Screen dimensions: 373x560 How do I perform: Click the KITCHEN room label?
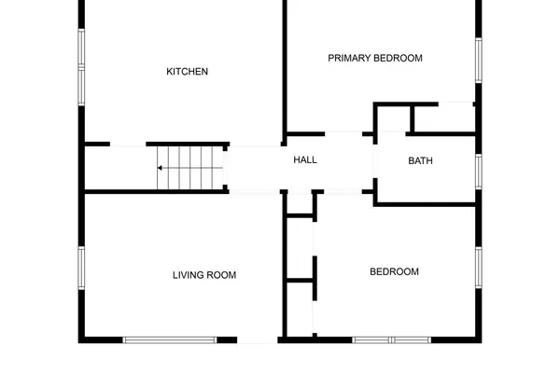tap(187, 72)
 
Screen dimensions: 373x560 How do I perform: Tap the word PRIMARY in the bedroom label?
tap(349, 58)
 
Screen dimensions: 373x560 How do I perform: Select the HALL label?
tap(305, 160)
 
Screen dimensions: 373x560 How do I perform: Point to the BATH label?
tap(420, 160)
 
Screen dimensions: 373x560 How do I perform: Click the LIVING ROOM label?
tap(204, 275)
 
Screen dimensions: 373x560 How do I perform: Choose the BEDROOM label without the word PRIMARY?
tap(394, 272)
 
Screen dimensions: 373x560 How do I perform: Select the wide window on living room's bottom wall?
tap(171, 339)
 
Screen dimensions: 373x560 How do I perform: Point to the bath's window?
tap(478, 171)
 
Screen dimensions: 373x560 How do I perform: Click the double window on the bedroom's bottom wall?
tap(392, 339)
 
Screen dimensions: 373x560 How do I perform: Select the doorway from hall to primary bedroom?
tap(343, 133)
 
